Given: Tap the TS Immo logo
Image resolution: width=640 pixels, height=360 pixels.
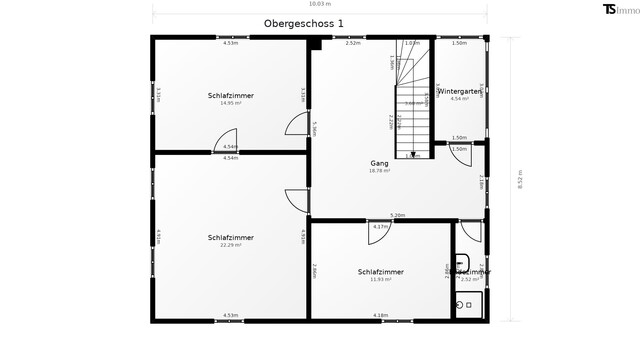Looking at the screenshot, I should (x=615, y=10).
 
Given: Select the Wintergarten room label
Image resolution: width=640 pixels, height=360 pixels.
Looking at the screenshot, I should (x=460, y=91).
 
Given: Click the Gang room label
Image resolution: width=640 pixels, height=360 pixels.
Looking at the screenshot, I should (x=379, y=163).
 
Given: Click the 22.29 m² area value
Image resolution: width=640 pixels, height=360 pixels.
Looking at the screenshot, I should (x=231, y=244).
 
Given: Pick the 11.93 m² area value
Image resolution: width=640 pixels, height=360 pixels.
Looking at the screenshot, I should (x=380, y=279).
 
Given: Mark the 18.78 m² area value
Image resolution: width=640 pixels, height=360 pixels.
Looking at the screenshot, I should (x=379, y=171).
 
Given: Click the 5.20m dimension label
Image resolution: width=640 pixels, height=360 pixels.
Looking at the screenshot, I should (x=397, y=215).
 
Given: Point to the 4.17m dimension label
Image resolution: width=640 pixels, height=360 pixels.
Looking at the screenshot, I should (x=380, y=227).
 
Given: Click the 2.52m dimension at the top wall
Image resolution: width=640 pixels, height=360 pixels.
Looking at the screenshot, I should (x=353, y=43).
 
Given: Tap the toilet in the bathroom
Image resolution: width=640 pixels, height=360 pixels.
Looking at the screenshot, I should (x=464, y=304).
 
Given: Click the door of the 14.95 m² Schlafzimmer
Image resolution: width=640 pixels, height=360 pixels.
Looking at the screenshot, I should (x=297, y=125).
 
